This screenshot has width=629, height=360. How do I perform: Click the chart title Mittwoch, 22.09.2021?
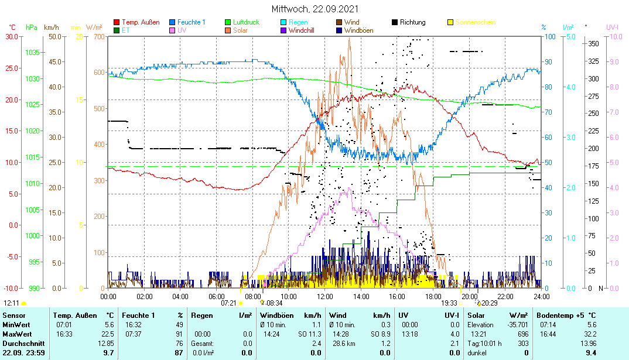point(315,9)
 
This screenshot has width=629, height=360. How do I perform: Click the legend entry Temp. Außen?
point(140,22)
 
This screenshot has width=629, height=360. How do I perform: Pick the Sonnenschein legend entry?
point(475,22)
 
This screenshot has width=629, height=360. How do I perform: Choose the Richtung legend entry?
point(412,22)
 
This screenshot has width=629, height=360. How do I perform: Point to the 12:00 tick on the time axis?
point(325,297)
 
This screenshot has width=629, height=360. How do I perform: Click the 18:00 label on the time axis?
point(433,297)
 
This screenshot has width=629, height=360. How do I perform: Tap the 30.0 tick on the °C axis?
point(12,36)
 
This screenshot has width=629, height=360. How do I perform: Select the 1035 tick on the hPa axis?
point(32,53)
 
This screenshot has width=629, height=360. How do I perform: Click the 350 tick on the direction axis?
point(593,43)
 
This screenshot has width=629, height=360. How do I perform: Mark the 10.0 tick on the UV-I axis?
point(616,36)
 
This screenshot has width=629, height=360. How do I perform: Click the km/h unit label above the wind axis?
point(52,28)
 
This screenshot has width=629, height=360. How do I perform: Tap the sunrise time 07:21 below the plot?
point(228,303)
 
